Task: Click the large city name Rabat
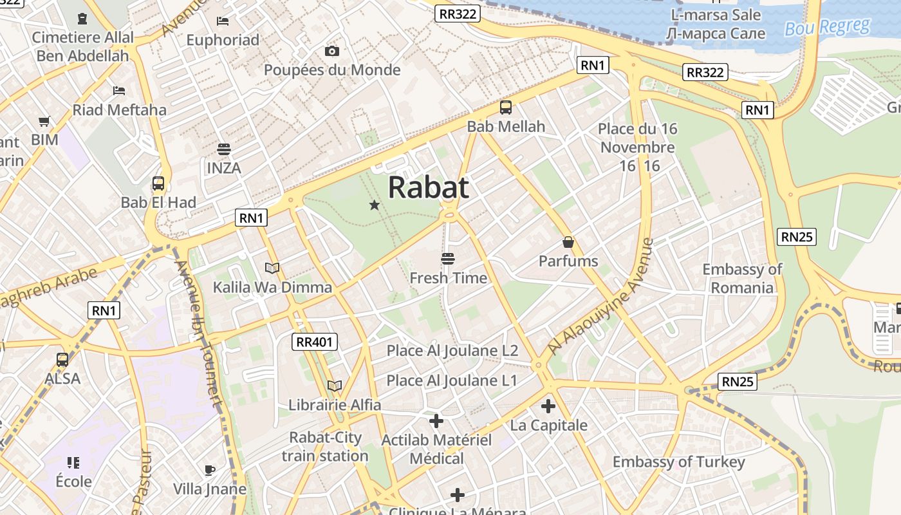(x=428, y=187)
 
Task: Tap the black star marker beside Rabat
(x=374, y=205)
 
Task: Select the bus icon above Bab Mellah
(x=506, y=108)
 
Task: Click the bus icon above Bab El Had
(x=158, y=183)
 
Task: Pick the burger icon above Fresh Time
(x=448, y=259)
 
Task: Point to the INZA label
(x=224, y=168)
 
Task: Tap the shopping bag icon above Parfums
(x=568, y=242)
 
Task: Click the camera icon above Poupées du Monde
(x=332, y=51)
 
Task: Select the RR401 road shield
(x=315, y=342)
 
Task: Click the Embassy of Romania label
(x=742, y=278)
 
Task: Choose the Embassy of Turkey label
(x=678, y=462)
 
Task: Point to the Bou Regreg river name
(x=827, y=28)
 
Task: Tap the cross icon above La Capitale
(x=548, y=406)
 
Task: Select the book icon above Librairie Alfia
(x=335, y=386)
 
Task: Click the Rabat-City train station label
(x=325, y=447)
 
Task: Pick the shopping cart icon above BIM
(x=44, y=121)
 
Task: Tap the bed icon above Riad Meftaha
(x=119, y=90)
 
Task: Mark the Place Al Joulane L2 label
(x=452, y=351)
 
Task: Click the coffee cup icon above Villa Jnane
(x=209, y=470)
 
